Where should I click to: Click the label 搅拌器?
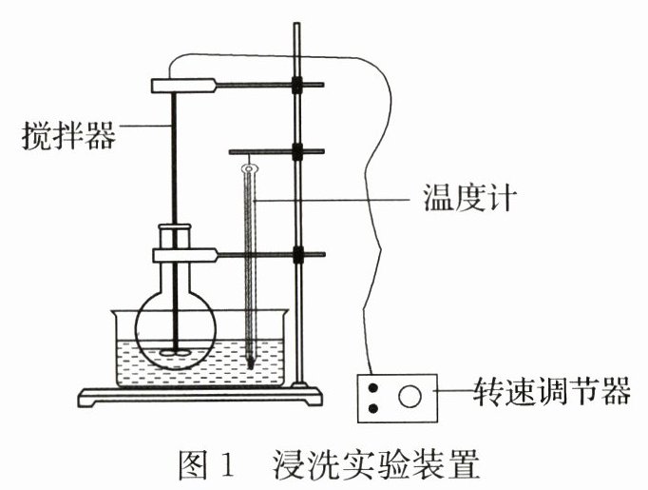click(67, 136)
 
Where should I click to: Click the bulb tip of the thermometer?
click(250, 362)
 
